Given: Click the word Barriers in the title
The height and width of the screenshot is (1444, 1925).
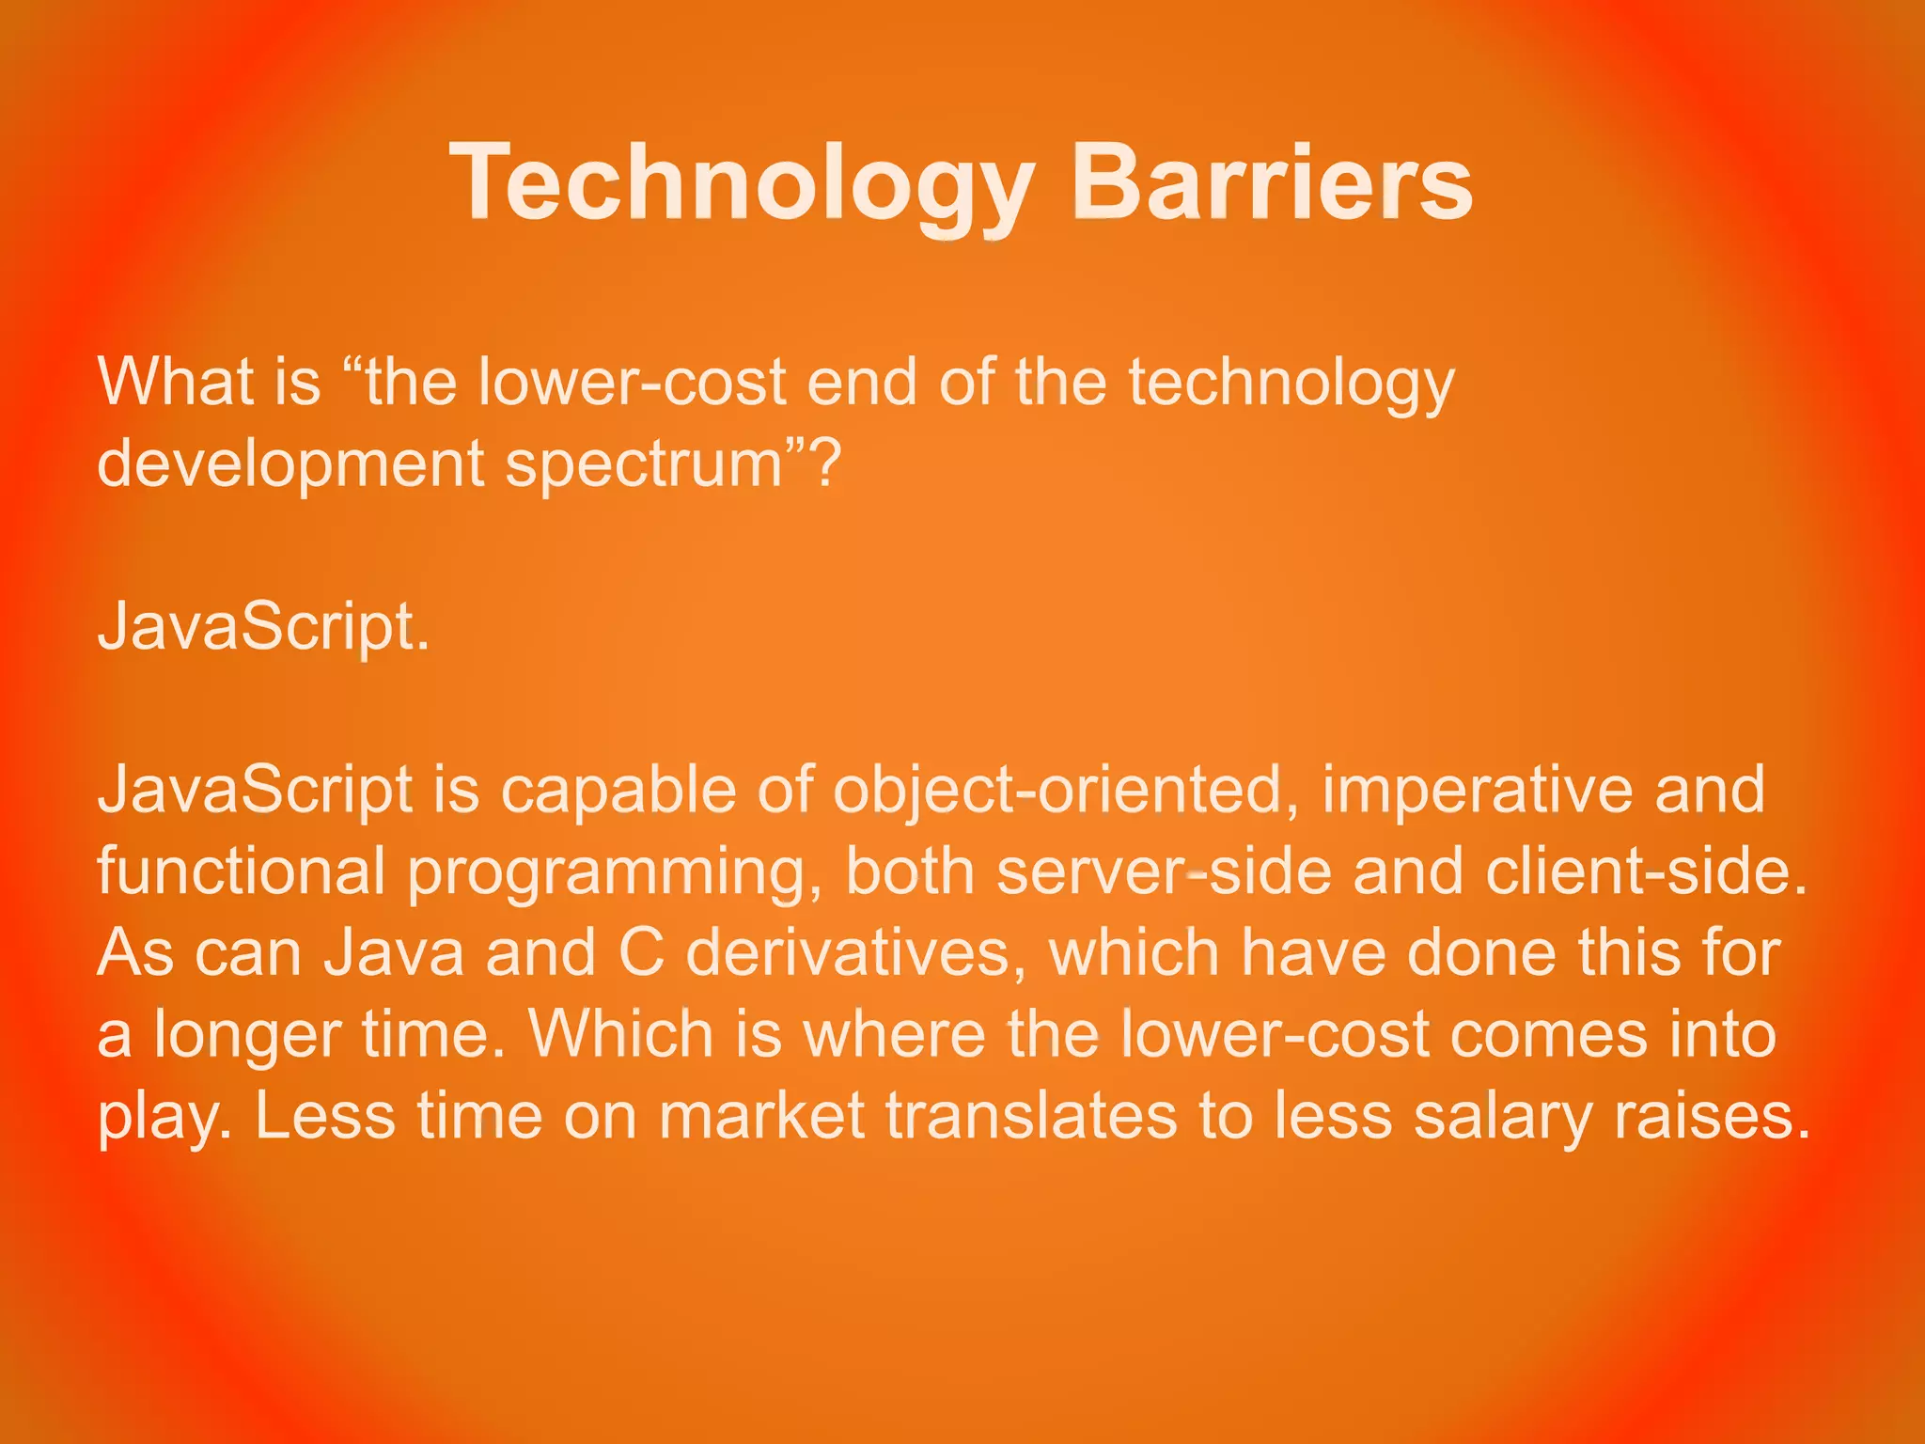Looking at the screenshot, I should [x=1271, y=182].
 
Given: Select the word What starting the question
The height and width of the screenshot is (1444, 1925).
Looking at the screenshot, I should [x=176, y=382].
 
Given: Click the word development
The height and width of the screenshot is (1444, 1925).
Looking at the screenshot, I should [x=290, y=464].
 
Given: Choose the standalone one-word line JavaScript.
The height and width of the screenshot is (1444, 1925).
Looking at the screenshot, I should [x=263, y=626].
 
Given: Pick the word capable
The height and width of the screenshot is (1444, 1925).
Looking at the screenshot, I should [x=618, y=790].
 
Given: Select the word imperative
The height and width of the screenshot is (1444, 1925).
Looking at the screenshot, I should [x=1478, y=790].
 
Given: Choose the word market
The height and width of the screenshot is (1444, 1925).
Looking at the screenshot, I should [x=761, y=1116].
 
